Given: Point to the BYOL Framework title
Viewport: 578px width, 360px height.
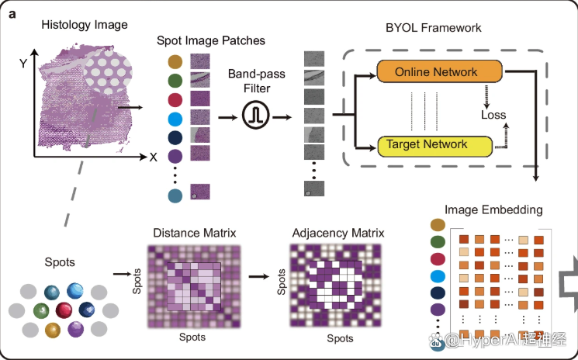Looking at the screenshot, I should click(x=434, y=28).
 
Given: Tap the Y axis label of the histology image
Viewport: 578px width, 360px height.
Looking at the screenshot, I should click(x=25, y=64).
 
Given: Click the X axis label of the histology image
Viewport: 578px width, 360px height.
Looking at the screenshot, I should click(x=153, y=157).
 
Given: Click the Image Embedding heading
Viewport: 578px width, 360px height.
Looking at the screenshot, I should click(x=493, y=209).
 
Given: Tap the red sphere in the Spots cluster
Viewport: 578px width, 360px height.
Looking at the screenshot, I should click(x=64, y=311).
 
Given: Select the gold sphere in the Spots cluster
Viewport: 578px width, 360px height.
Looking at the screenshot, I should click(x=52, y=331).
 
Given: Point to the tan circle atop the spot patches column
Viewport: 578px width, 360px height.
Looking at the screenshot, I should click(x=175, y=61).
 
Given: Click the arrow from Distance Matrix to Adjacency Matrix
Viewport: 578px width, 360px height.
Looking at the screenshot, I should click(x=264, y=275).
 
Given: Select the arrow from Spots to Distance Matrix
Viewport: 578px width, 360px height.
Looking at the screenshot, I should click(x=122, y=274).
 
